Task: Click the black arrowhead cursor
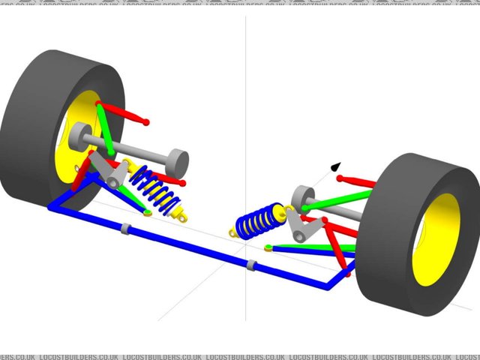click(335, 167)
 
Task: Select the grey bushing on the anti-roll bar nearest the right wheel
click(252, 264)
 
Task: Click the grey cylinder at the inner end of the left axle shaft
click(177, 160)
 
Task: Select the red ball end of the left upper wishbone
click(145, 122)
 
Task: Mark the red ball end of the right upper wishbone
click(340, 178)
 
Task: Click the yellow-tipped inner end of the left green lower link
click(148, 212)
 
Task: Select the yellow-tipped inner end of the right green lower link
click(268, 247)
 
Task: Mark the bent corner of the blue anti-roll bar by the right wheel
click(330, 286)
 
